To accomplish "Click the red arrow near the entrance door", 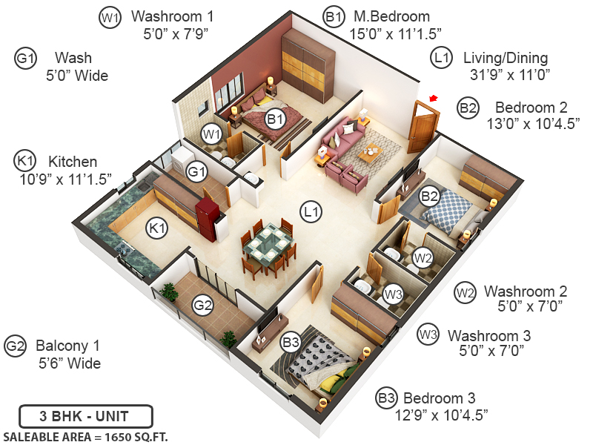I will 433,97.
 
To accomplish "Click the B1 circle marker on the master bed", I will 276,118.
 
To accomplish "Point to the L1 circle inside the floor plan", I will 312,211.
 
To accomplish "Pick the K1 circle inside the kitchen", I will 156,227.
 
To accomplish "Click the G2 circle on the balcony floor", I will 203,303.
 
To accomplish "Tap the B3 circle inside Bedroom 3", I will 291,342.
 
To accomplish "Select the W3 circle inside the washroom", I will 393,294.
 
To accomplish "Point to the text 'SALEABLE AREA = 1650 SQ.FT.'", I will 85,436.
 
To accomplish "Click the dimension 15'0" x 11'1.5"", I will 396,33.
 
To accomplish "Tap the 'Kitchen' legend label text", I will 73,162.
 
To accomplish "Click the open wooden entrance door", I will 423,128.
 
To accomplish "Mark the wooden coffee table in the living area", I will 369,154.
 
